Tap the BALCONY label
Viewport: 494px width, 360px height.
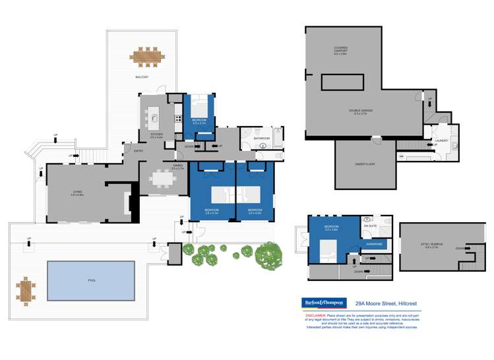(x=142, y=77)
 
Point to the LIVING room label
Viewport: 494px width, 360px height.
(x=78, y=192)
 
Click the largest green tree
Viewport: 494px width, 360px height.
(x=268, y=254)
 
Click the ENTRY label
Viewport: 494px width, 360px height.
(x=139, y=151)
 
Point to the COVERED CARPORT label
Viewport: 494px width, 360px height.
(x=340, y=49)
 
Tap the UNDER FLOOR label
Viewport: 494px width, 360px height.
(x=365, y=164)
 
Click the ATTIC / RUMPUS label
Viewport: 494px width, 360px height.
(x=433, y=247)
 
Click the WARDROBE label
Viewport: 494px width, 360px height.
(x=374, y=244)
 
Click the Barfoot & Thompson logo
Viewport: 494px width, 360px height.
(x=324, y=302)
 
